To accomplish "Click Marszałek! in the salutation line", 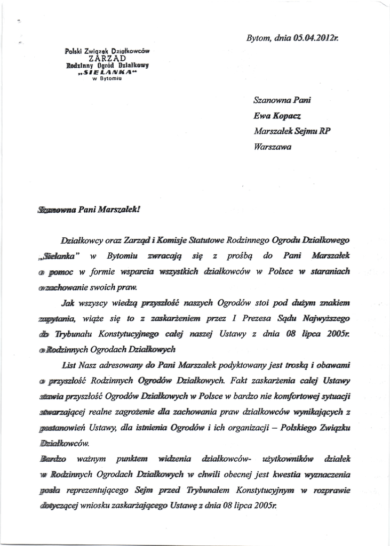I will pos(118,210).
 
